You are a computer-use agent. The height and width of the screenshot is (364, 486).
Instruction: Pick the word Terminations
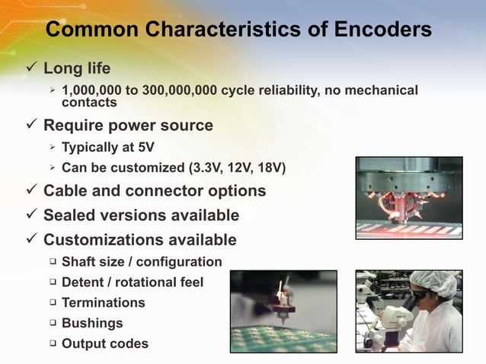click(104, 302)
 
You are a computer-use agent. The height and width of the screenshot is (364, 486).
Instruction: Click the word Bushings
click(92, 323)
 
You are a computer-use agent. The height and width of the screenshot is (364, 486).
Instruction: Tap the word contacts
click(89, 102)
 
